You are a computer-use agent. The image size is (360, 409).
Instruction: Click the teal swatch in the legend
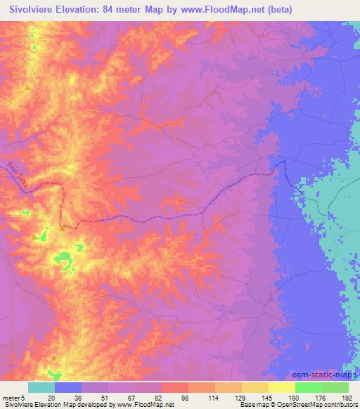(x=41, y=387)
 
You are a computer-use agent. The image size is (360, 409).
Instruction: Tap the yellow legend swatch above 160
(x=282, y=387)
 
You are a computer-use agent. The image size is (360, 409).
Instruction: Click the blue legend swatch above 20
(x=68, y=387)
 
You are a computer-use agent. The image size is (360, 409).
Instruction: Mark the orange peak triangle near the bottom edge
(x=54, y=358)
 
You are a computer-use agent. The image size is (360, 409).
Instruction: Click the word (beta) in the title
(x=276, y=10)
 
